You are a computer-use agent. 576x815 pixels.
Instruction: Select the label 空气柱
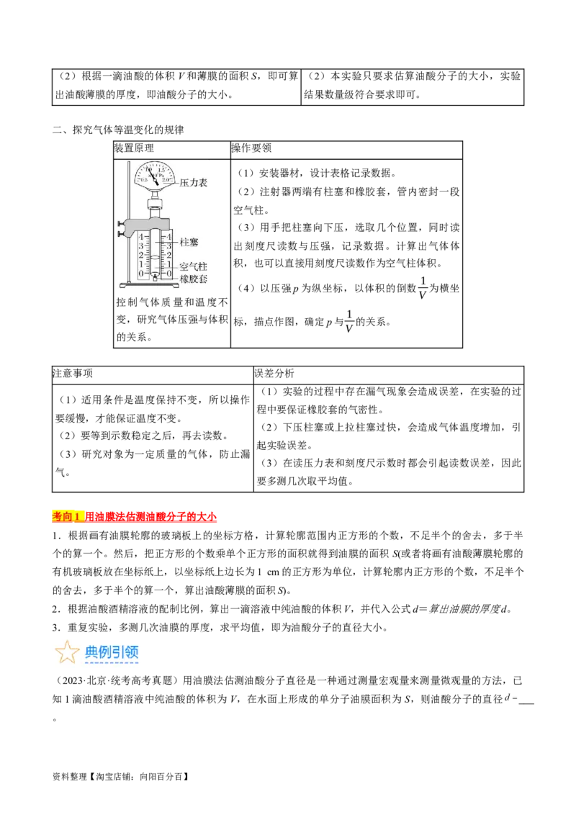pos(193,266)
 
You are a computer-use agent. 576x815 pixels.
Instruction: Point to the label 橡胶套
pos(193,278)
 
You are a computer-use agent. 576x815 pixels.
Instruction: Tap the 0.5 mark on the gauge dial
pos(143,179)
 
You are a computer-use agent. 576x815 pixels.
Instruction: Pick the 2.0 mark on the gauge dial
pos(166,179)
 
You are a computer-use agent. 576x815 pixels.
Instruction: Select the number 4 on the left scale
pos(141,237)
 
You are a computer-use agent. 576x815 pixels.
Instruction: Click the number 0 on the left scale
pos(141,274)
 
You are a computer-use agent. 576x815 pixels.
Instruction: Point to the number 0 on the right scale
pos(169,274)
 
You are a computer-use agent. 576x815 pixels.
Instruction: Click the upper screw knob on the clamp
pos(120,224)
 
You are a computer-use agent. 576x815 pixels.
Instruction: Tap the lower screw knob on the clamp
pos(120,233)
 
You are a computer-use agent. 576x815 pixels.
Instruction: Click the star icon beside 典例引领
pos(67,652)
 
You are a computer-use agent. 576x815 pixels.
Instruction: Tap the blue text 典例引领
pos(112,652)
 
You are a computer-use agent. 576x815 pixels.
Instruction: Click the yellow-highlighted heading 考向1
pos(68,515)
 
